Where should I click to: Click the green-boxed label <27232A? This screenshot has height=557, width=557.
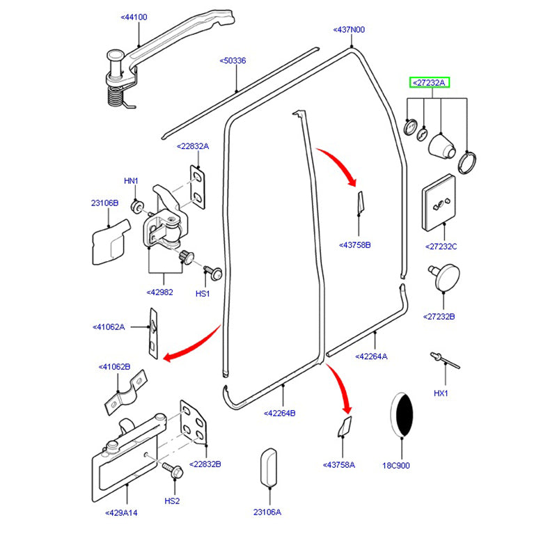[429, 82]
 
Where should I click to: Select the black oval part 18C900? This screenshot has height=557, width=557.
[401, 415]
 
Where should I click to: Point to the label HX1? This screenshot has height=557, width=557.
[442, 393]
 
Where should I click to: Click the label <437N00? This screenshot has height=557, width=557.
[350, 29]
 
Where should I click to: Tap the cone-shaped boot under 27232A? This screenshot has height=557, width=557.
[441, 146]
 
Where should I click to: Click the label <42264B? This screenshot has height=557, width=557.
[280, 413]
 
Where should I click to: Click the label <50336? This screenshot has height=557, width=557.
[233, 61]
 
